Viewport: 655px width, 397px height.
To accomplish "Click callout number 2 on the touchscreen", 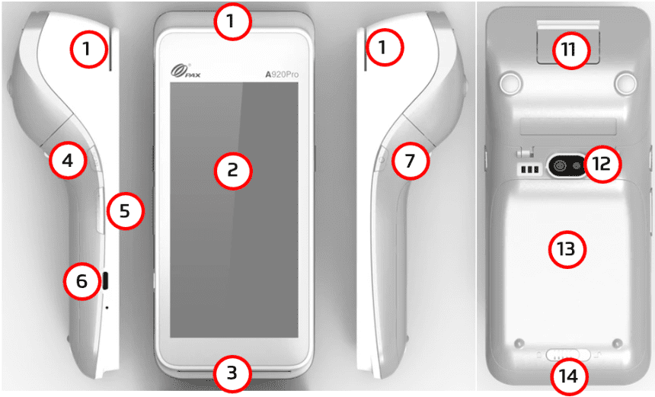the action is (x=232, y=171).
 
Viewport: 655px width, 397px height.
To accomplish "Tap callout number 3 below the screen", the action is (x=232, y=373).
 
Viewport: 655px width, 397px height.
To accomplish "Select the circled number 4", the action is (x=68, y=160).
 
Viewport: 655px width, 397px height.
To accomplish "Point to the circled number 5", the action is (x=126, y=210).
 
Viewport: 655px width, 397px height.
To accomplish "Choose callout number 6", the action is (x=82, y=281).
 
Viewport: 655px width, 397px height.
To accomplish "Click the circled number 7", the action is (x=411, y=161).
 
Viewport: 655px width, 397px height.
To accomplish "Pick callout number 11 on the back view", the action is (x=570, y=50).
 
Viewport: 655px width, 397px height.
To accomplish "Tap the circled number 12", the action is (x=602, y=164).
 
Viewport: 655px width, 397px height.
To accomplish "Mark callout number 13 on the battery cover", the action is (x=567, y=249).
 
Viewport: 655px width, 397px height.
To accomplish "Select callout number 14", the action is (x=569, y=376).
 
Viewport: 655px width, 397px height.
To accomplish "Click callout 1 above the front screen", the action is (x=232, y=21).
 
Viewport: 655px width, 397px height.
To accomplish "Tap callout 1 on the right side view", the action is (x=385, y=47).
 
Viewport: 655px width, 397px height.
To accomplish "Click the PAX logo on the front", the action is (x=186, y=71).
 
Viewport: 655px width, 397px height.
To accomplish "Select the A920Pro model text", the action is (x=282, y=75).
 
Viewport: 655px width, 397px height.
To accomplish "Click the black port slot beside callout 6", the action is (x=105, y=280).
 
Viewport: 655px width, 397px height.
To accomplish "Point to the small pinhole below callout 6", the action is (x=107, y=308).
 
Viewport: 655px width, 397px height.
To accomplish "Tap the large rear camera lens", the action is (x=559, y=166).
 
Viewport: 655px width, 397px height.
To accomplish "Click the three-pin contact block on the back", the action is (x=529, y=169).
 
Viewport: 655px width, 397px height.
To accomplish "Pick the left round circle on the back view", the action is (x=510, y=82).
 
